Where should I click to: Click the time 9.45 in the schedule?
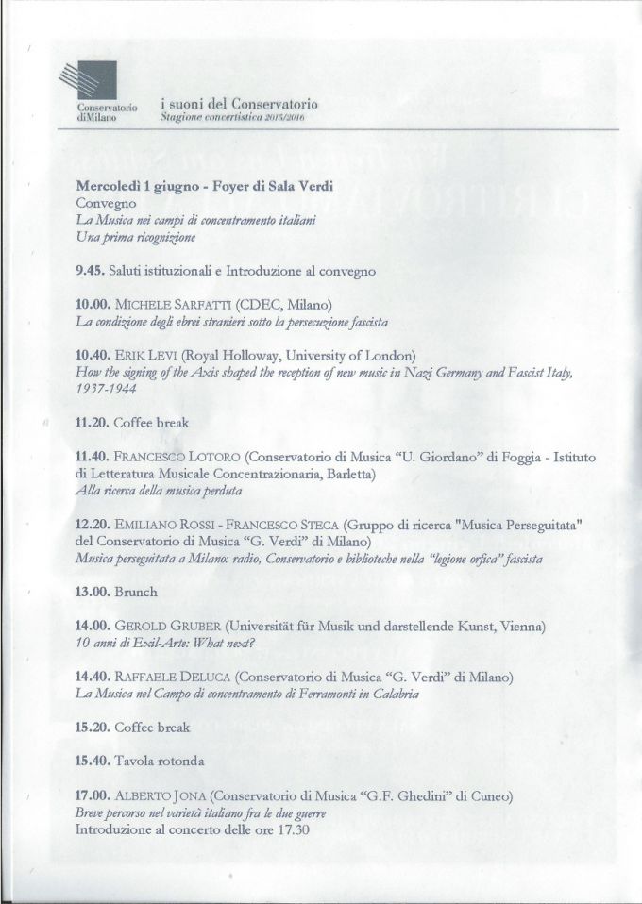(91, 271)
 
